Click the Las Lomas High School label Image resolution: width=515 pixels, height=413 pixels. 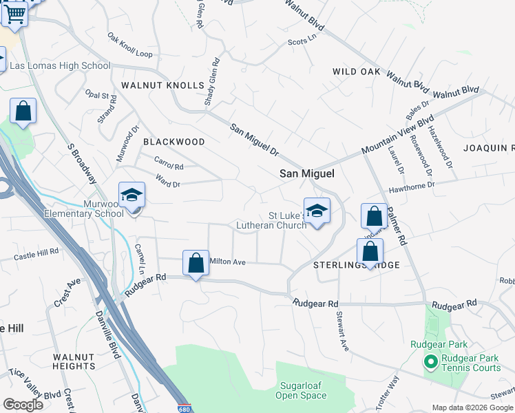(59, 66)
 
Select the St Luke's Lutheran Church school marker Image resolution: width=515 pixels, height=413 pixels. (317, 211)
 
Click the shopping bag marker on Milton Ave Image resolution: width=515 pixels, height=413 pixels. (196, 262)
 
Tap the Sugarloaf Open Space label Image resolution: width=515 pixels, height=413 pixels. (301, 390)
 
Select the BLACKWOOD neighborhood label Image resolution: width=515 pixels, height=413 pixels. (174, 142)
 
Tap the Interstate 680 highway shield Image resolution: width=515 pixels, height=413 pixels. (183, 407)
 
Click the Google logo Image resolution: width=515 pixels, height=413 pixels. (23, 405)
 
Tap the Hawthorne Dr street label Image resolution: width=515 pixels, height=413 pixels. (412, 184)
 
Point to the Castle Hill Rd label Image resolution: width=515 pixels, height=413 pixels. (36, 255)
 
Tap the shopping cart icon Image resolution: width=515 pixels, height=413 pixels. (14, 12)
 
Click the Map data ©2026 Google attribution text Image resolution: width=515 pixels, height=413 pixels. (472, 407)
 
